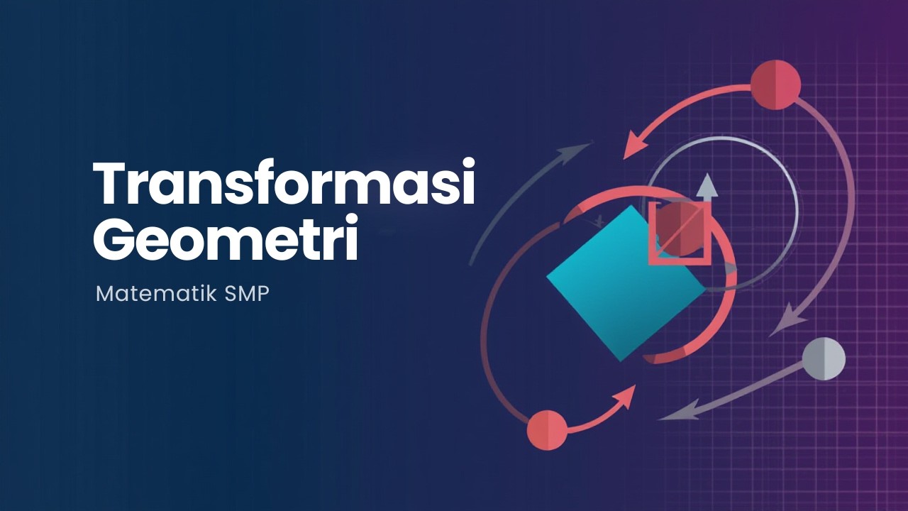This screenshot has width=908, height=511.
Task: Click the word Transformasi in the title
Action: coord(284,184)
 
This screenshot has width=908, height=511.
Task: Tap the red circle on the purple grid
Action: coord(775,84)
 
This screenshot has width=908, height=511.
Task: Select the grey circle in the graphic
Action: coord(824,358)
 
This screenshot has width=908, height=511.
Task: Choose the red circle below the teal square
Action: coord(547,430)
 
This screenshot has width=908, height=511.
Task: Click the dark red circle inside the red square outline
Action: coord(679,229)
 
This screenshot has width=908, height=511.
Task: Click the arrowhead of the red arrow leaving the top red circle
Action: coord(633,150)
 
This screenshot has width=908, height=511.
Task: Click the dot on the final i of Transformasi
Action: coord(465,165)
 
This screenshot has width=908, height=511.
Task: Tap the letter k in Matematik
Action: coord(212,293)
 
